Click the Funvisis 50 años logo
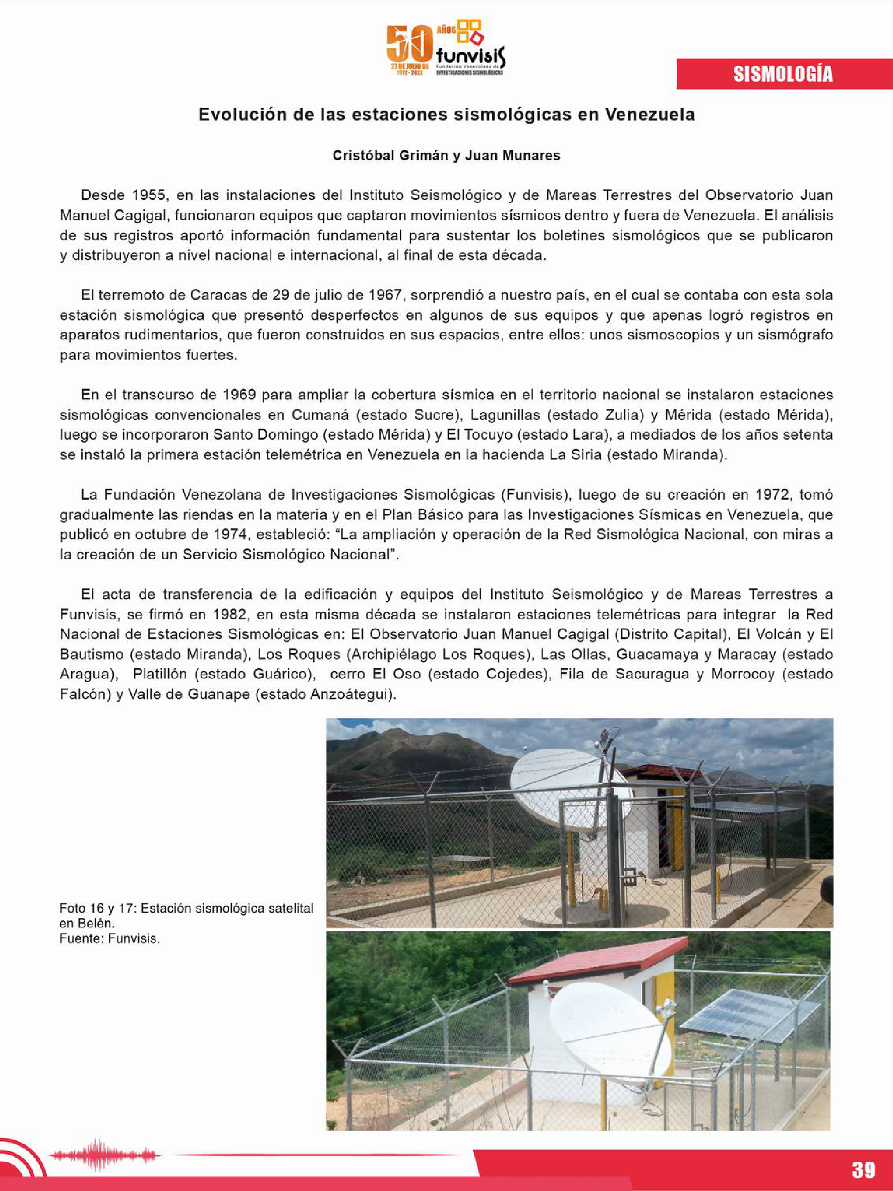tap(446, 49)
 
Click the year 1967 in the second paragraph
tap(385, 295)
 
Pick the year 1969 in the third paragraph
tap(239, 395)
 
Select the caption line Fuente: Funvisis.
tap(109, 938)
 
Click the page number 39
tap(863, 1170)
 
